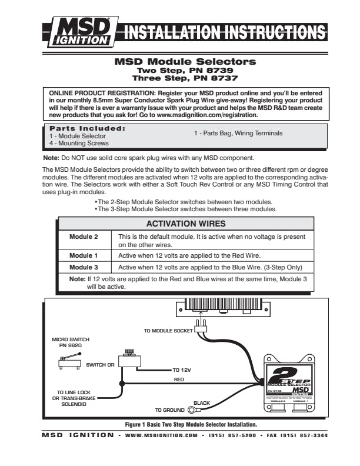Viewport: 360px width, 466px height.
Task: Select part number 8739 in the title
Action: (x=213, y=69)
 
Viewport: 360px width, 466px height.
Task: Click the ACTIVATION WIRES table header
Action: (x=185, y=224)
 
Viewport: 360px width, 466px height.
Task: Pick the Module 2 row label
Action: (x=84, y=237)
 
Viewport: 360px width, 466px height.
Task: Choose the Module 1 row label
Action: (x=84, y=255)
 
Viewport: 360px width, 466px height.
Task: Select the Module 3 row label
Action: (x=84, y=267)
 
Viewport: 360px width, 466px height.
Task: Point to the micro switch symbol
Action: (x=68, y=365)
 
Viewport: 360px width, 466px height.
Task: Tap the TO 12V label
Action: (x=181, y=371)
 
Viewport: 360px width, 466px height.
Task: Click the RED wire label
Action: (x=179, y=380)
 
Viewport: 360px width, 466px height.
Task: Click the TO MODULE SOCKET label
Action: (x=168, y=331)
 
